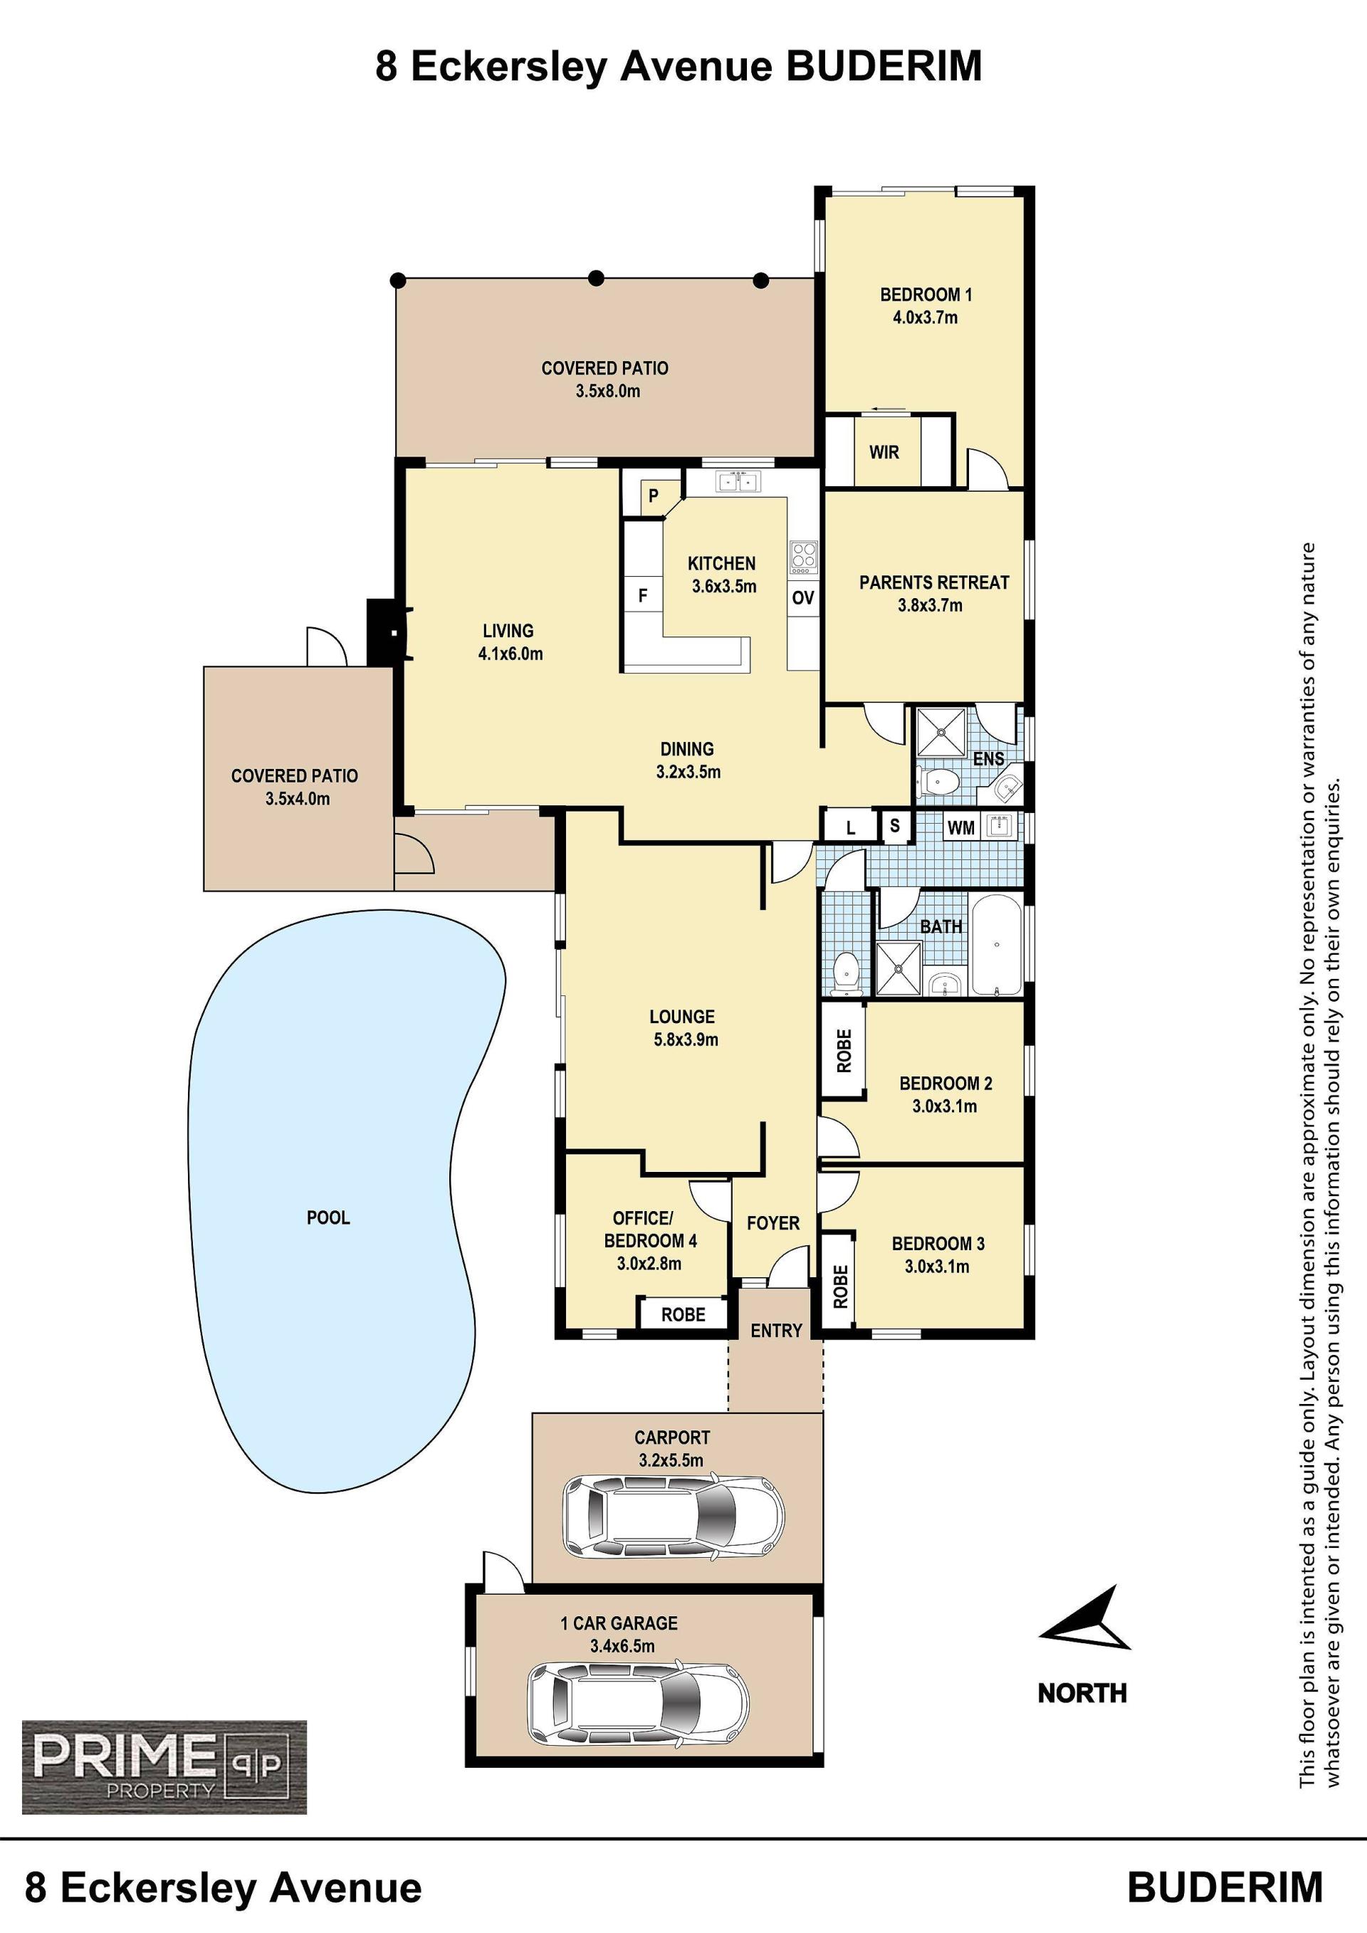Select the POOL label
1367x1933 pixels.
pos(328,1217)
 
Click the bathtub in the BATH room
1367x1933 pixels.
pos(997,945)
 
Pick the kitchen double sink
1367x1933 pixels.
pos(738,481)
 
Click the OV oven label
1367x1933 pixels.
pos(803,598)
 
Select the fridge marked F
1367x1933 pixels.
pos(643,596)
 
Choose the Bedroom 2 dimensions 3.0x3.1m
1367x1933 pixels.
pos(945,1106)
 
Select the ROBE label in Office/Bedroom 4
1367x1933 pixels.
pos(683,1314)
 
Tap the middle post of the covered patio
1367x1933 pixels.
pos(596,277)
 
